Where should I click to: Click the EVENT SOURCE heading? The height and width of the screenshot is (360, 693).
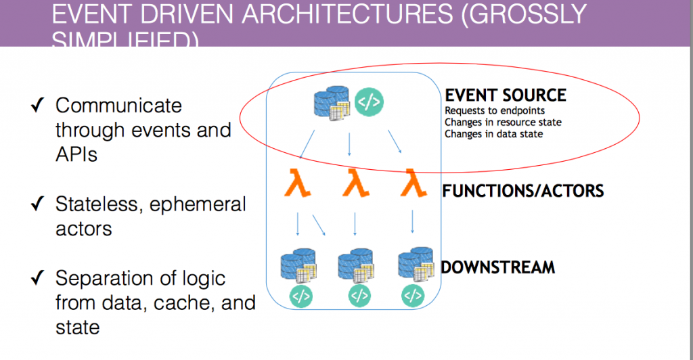point(505,95)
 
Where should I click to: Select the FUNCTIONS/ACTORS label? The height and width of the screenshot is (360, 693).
point(522,191)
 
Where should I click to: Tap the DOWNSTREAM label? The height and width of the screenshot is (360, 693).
point(497,267)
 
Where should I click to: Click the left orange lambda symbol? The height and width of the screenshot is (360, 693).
point(297,184)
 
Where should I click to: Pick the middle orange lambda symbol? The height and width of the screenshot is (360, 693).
point(355,184)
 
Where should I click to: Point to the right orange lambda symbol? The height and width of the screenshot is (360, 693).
point(413,184)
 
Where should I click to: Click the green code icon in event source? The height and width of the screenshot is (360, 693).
point(369,102)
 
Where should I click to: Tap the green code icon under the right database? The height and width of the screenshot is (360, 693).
point(412,295)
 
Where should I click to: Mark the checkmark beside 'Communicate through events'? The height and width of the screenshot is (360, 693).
point(39,106)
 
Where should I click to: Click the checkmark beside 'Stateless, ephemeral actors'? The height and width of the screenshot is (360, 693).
point(39,204)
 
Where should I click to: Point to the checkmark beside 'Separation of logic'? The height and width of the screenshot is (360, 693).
point(39,278)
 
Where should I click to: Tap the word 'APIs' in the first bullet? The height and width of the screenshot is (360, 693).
point(76,154)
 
